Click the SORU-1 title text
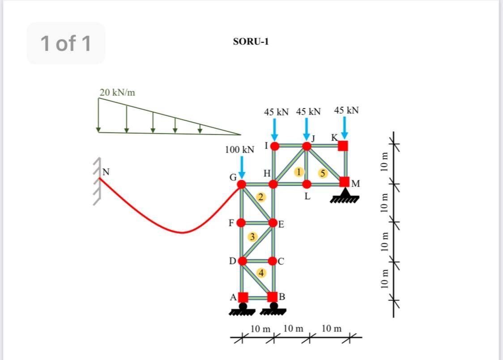point(251,42)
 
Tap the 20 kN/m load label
point(117,93)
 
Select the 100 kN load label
point(239,149)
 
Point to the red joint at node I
point(275,146)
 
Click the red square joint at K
point(343,146)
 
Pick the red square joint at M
point(344,182)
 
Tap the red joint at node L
point(307,184)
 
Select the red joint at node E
point(273,222)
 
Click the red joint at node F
point(241,222)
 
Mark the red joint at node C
point(273,261)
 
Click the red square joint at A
point(243,297)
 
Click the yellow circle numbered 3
point(252,236)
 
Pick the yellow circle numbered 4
point(260,272)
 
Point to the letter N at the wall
point(106,171)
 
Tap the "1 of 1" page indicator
point(66,43)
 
